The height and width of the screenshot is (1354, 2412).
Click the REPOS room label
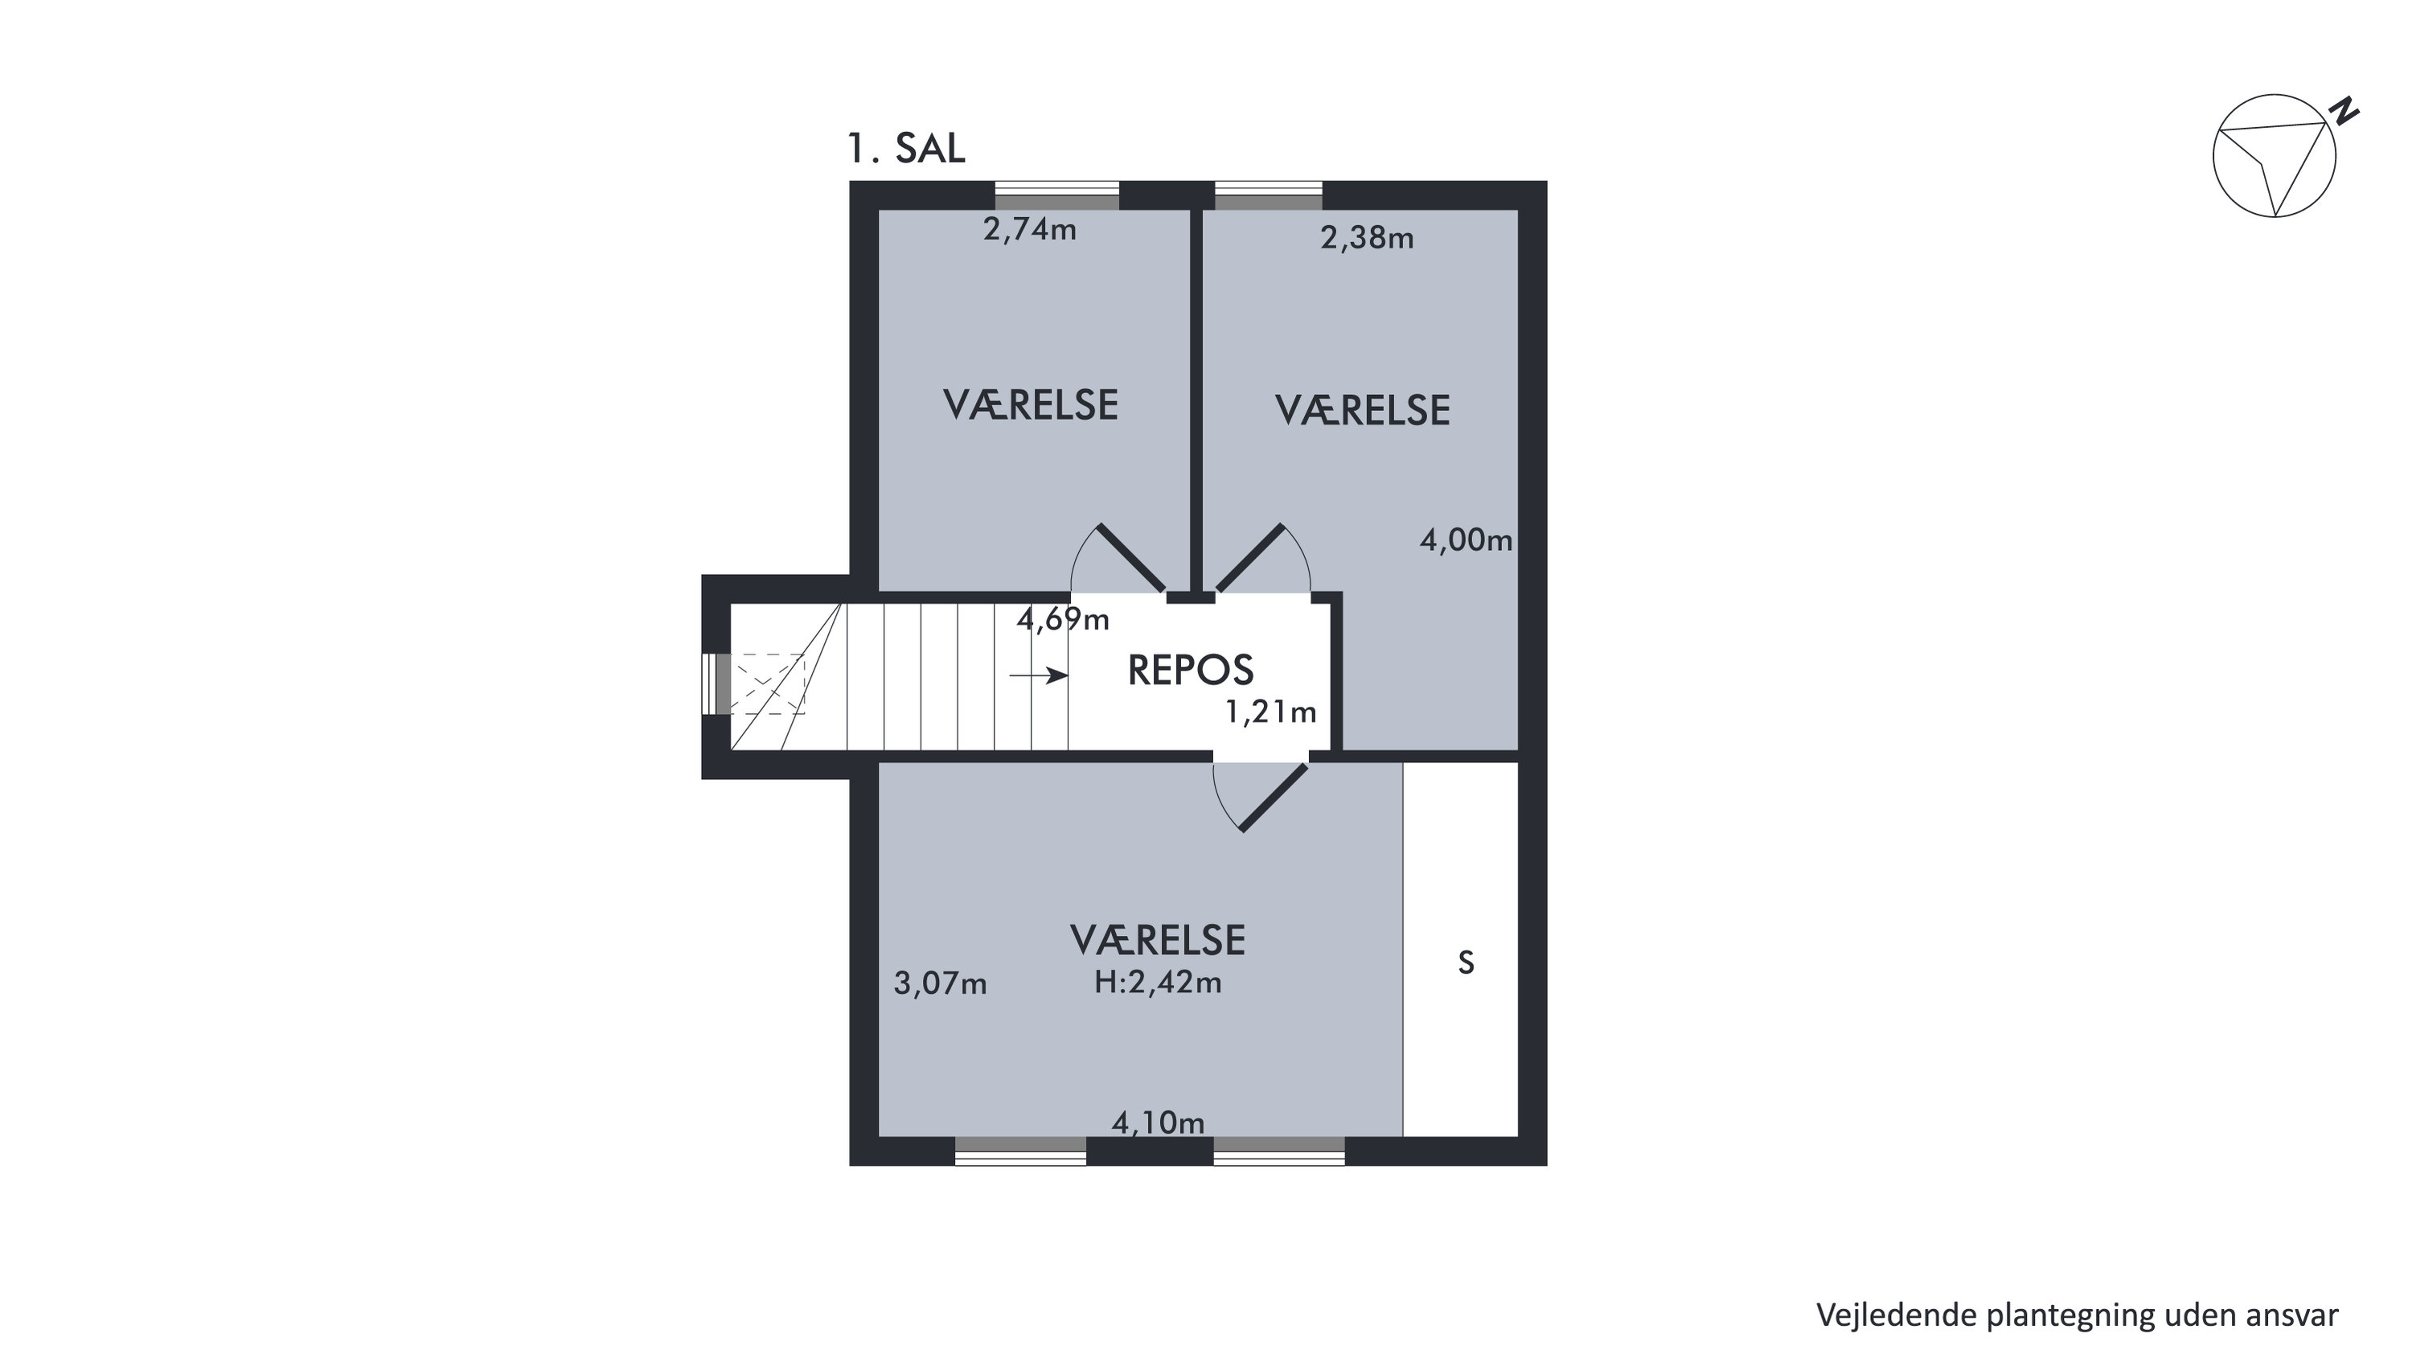coord(1190,671)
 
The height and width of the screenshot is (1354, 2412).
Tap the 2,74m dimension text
coord(1030,229)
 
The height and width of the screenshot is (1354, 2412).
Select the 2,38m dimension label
coord(1367,238)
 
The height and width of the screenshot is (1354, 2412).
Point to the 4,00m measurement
coord(1466,540)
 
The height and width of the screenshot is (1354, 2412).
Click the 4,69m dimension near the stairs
coord(1063,619)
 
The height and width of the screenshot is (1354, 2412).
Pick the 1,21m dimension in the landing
coord(1270,712)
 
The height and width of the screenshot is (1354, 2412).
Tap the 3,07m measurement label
coord(940,983)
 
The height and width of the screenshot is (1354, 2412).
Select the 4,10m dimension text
coord(1159,1122)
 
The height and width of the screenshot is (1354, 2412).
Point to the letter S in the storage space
coord(1466,962)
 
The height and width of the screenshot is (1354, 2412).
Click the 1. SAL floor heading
coord(905,148)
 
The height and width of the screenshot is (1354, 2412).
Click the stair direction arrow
coord(1039,675)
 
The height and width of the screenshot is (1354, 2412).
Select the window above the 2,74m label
coord(1057,195)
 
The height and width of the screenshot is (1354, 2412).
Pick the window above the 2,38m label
coord(1269,195)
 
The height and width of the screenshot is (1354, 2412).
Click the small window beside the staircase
coord(716,683)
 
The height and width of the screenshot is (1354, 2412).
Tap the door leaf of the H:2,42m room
coord(1274,797)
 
